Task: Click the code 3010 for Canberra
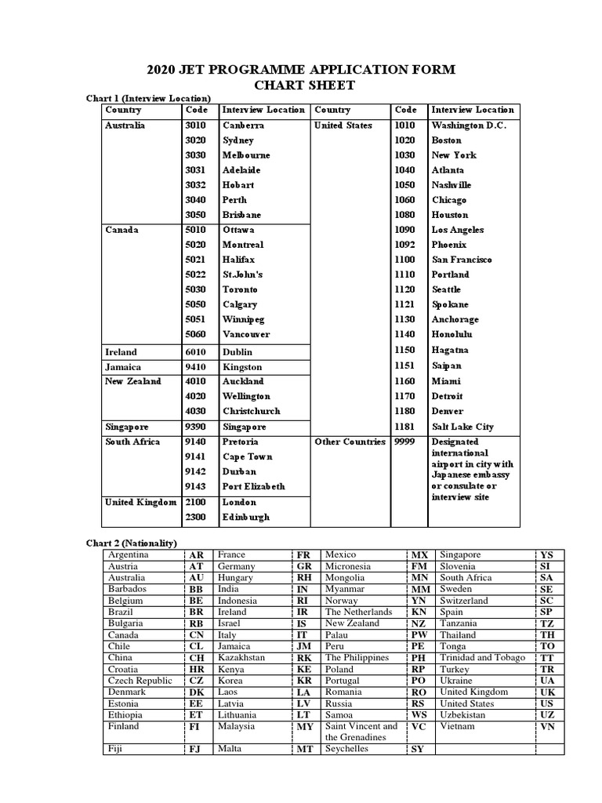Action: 194,125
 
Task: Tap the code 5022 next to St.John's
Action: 194,274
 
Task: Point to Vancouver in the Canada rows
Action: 245,334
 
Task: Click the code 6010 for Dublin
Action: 194,353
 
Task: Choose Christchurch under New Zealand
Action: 251,411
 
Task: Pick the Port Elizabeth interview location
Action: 253,486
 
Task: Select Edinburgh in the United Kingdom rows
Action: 245,518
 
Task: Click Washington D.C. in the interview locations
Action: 469,125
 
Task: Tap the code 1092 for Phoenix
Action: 404,245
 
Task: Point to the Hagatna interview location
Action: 451,350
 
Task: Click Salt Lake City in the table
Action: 462,427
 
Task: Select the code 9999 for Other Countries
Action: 404,441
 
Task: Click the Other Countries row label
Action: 350,441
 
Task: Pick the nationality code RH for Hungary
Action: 303,577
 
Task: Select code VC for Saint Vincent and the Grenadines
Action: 419,726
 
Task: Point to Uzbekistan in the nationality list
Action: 468,715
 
